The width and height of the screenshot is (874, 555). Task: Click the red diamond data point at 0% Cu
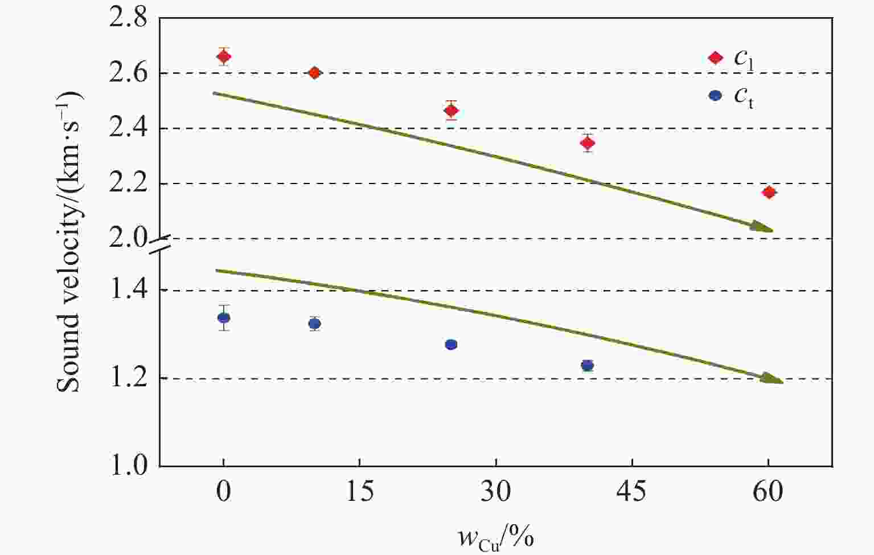tap(224, 56)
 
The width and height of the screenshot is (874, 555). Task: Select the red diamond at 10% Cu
tap(314, 73)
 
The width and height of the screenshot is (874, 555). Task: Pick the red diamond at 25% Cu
tap(451, 111)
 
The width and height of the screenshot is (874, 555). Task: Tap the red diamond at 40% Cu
tap(588, 142)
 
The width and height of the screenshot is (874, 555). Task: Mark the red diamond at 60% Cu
tap(769, 193)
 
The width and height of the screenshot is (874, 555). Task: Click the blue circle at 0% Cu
tap(224, 318)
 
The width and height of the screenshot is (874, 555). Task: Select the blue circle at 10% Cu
tap(314, 324)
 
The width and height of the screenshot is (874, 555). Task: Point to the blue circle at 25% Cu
tap(451, 344)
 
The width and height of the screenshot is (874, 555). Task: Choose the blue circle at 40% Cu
tap(588, 365)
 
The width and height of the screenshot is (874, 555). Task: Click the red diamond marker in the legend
tap(715, 58)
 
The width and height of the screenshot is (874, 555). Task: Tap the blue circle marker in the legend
tap(715, 96)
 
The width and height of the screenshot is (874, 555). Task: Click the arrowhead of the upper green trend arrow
tap(763, 227)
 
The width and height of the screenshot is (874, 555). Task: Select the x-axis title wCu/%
tap(495, 536)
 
